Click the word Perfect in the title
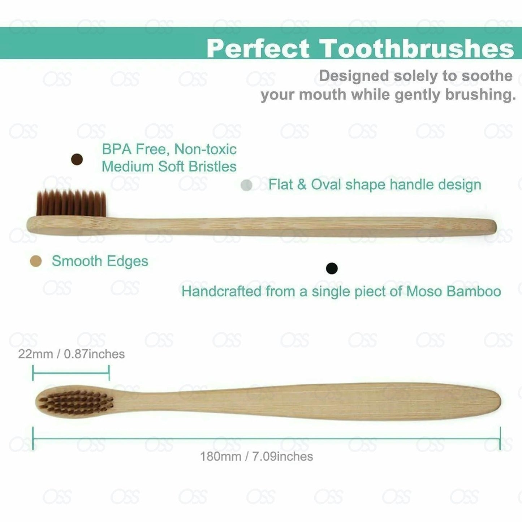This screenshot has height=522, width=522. coord(258,48)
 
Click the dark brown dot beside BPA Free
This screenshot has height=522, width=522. coord(77,159)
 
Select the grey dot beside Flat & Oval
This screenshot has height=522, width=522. coord(246,185)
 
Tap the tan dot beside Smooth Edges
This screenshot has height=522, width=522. coord(36,261)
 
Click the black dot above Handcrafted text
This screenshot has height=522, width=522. coord(332,268)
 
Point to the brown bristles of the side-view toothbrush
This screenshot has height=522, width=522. coord(71,203)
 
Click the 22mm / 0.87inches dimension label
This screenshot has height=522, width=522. coord(71,354)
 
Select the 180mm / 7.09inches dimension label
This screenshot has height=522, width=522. coord(256,457)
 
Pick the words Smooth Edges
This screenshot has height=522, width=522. coord(100,261)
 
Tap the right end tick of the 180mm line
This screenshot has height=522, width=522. coord(500,438)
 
